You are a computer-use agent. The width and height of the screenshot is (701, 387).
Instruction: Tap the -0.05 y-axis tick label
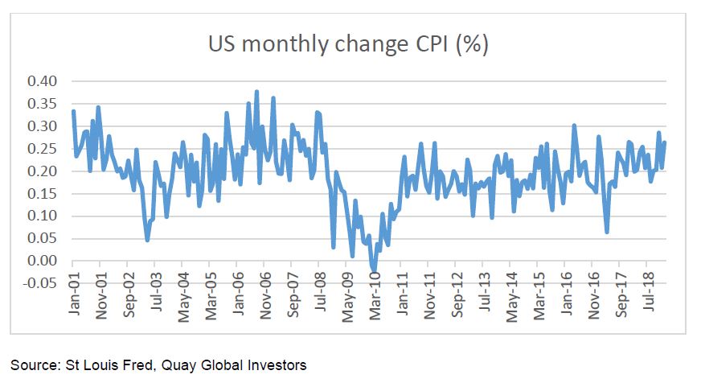(x=39, y=282)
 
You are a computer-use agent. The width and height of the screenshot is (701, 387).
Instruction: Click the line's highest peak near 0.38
(x=256, y=92)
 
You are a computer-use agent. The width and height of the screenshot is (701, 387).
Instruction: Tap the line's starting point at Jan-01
(x=73, y=111)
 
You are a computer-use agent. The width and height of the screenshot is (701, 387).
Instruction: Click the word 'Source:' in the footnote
(x=33, y=365)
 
